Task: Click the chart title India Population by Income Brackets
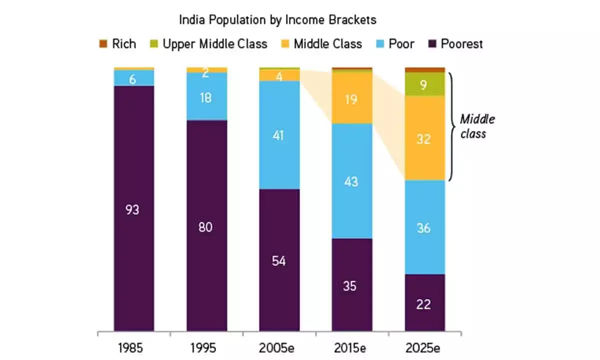coord(277,20)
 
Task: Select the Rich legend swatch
coord(102,44)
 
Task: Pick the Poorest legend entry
coord(455,44)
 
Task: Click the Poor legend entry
coord(395,44)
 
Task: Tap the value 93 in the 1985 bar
coord(133,210)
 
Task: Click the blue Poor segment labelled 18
coord(206,97)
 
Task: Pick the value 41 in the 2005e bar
coord(279,135)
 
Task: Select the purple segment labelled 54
coord(279,260)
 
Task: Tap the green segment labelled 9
coord(424,84)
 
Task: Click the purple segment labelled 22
coord(424,303)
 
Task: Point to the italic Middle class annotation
coord(477,126)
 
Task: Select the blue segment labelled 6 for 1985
coord(133,78)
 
